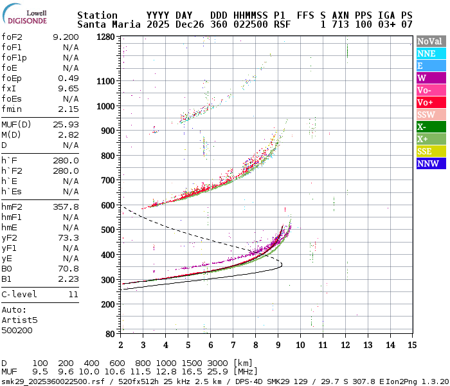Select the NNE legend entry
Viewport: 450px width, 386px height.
[x=430, y=53]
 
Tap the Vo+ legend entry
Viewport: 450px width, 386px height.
[x=430, y=102]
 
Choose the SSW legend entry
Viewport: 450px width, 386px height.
[x=430, y=115]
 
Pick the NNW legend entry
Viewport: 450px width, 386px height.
[x=430, y=163]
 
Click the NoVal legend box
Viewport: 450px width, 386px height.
[x=430, y=41]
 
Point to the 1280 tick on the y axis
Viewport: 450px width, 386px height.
[x=105, y=37]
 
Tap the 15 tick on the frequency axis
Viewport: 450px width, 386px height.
[x=411, y=345]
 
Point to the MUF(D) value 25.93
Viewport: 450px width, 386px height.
[x=66, y=124]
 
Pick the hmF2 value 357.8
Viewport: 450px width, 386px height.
[x=66, y=207]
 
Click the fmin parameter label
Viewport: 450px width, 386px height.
[x=12, y=109]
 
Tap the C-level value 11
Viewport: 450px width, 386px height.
[x=73, y=294]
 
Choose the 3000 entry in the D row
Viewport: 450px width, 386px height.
[x=219, y=363]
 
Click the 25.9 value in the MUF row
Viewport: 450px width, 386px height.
[x=219, y=372]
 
